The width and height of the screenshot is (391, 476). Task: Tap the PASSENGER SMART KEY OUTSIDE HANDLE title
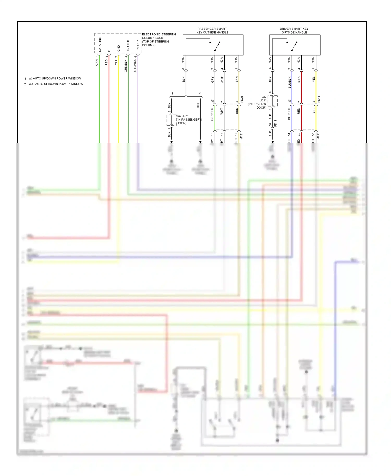point(212,30)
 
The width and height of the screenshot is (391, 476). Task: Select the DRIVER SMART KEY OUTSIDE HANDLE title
point(294,30)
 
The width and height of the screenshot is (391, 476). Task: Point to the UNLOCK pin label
point(138,45)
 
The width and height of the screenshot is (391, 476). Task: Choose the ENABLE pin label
point(128,46)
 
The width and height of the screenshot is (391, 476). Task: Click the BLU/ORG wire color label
point(135,66)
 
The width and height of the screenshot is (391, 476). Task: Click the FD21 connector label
point(242,99)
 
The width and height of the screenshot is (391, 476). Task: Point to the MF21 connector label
point(241,136)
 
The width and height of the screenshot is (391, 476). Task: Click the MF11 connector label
point(318,136)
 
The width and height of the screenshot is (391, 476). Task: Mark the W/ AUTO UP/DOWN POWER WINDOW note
point(54,78)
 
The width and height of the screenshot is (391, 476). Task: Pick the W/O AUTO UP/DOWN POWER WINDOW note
point(56,84)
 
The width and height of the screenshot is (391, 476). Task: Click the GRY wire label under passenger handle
point(212,80)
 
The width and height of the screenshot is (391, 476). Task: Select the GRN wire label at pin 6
point(97,62)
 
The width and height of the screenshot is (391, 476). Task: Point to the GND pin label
point(119,48)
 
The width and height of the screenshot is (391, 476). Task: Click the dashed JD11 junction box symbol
point(273,101)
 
